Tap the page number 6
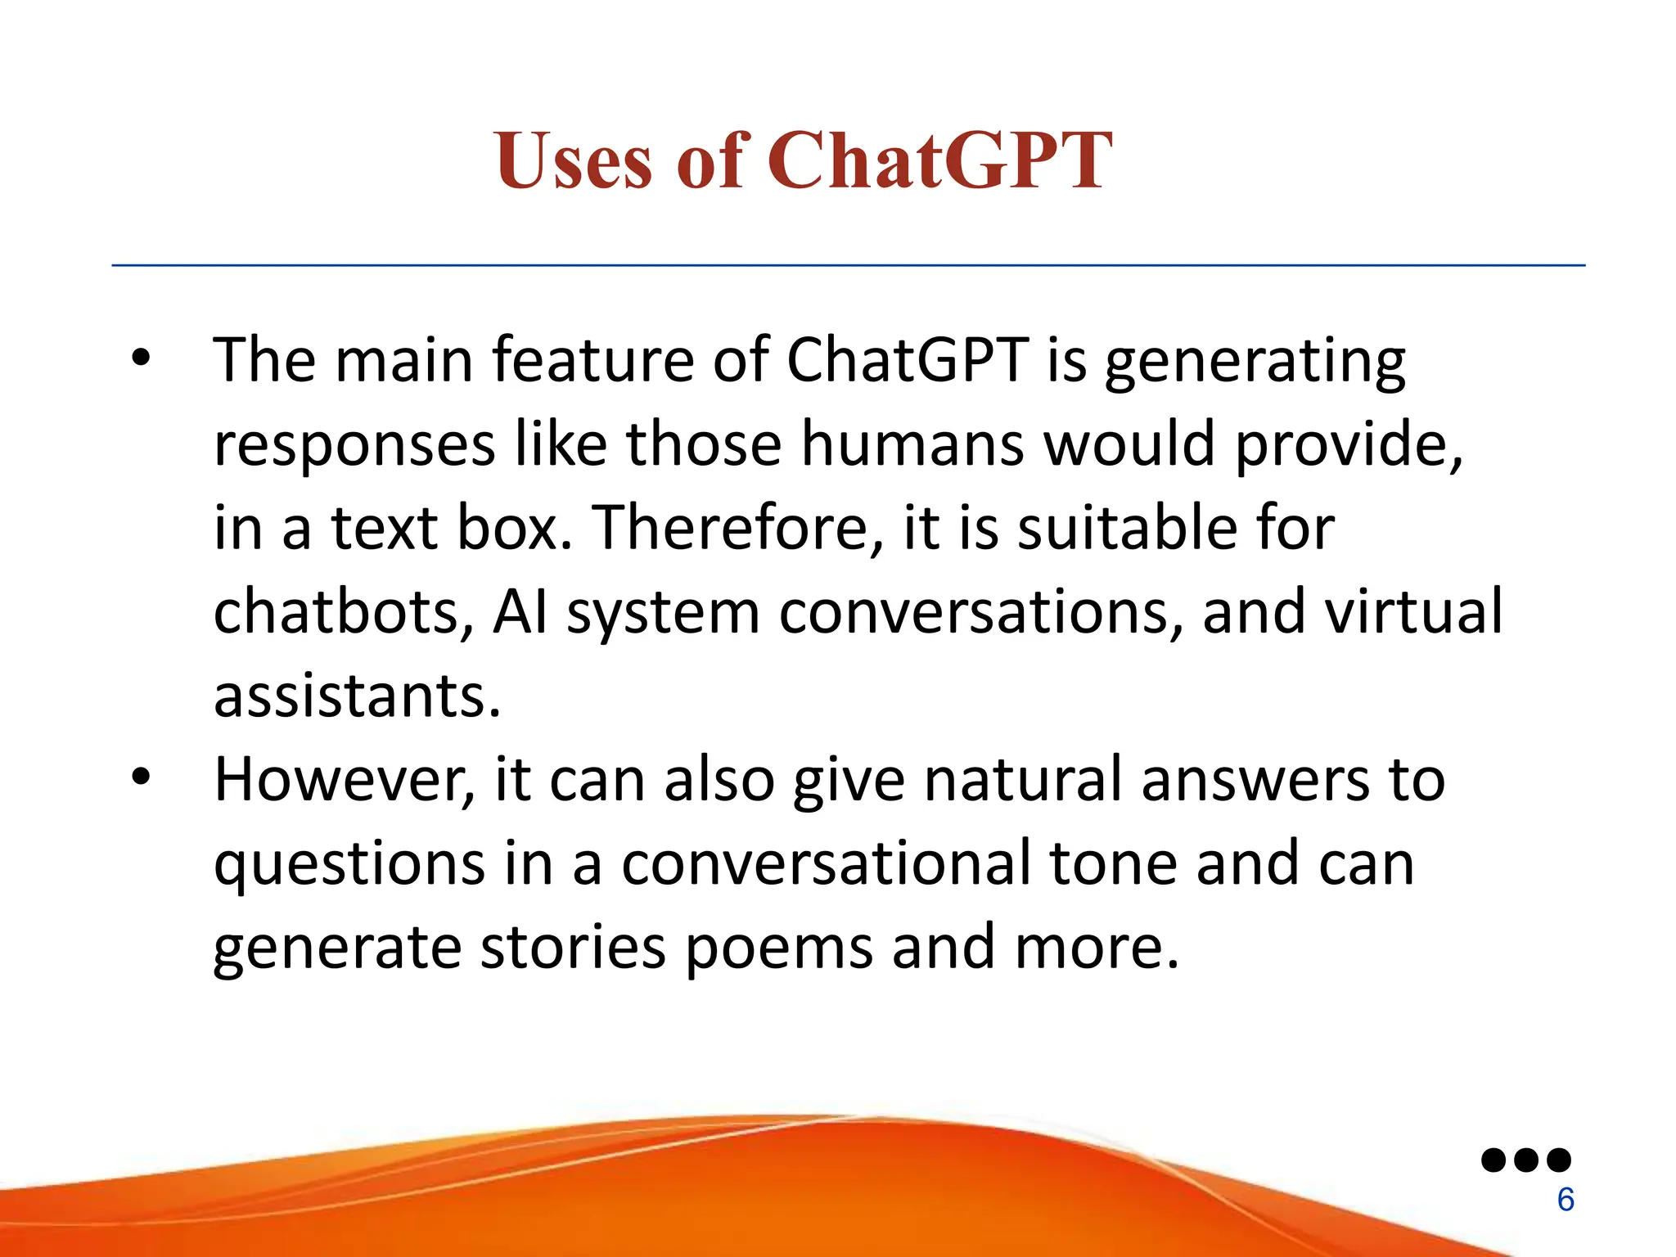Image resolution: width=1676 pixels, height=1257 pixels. tap(1565, 1200)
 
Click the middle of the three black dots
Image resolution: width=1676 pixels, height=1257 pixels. tap(1526, 1160)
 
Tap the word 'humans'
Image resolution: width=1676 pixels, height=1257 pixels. tap(912, 444)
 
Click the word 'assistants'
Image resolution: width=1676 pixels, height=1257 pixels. tap(357, 696)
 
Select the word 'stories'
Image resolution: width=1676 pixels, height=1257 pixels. tap(573, 948)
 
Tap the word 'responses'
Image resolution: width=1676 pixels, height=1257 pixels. tap(354, 446)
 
